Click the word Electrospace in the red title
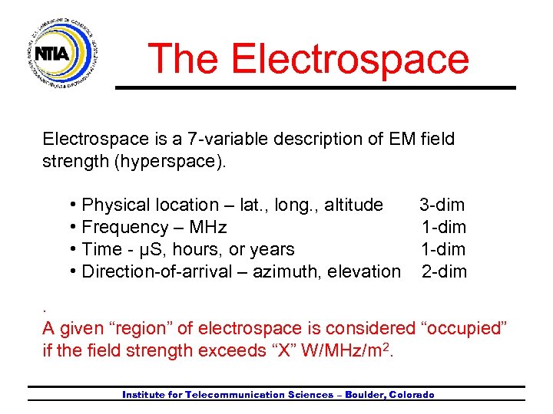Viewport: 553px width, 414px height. pyautogui.click(x=349, y=59)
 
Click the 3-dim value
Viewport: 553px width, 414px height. pyautogui.click(x=442, y=205)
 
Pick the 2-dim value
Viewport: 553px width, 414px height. pyautogui.click(x=444, y=271)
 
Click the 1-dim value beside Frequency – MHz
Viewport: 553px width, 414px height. pyautogui.click(x=444, y=227)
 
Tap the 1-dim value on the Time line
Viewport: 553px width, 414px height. pyautogui.click(x=444, y=249)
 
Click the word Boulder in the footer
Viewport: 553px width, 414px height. pyautogui.click(x=363, y=395)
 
